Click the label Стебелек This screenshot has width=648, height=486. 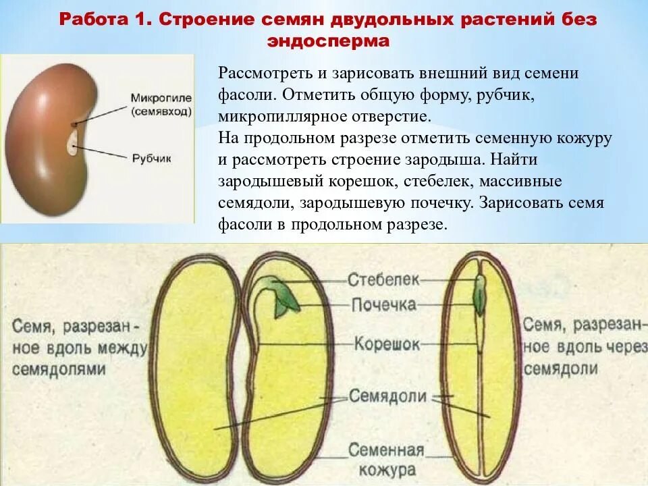click(x=384, y=278)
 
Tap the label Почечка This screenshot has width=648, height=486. click(x=383, y=304)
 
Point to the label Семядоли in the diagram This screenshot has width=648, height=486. click(x=387, y=396)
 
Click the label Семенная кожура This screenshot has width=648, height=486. click(x=386, y=460)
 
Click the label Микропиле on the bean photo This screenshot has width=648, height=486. click(x=161, y=98)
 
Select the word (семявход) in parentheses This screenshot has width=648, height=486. click(x=161, y=110)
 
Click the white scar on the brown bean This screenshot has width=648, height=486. click(x=72, y=144)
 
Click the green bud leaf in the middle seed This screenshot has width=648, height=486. click(x=283, y=302)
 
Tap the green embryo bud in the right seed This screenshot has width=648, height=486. click(x=479, y=297)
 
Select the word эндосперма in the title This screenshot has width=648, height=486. click(x=328, y=41)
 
